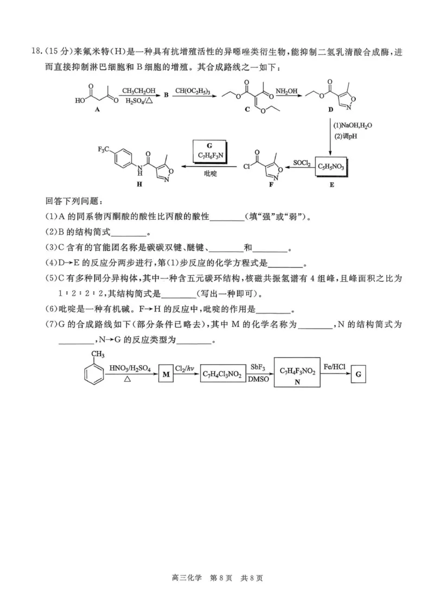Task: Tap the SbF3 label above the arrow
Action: coord(257,367)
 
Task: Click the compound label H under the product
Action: coord(139,185)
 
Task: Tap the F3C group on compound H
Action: coord(105,149)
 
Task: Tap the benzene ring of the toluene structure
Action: coord(93,374)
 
